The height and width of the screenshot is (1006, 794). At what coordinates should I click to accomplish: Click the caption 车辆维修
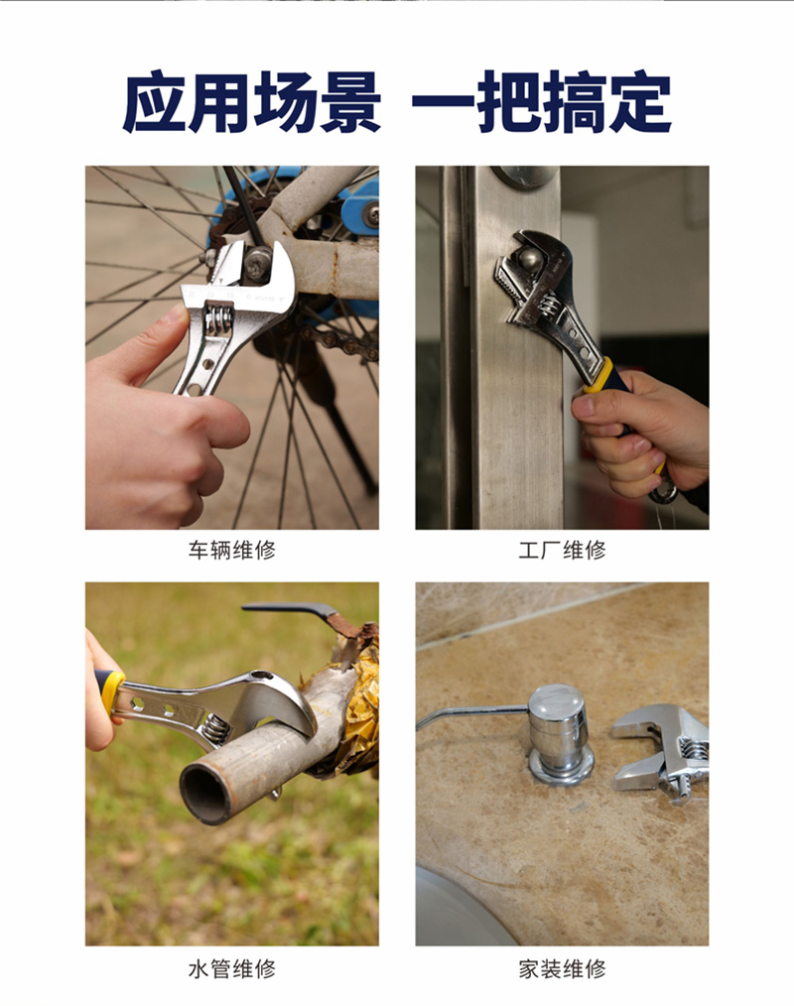coord(231,551)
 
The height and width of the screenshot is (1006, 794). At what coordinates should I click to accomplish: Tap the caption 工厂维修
coord(563,551)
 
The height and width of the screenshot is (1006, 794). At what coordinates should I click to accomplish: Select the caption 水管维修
coord(231,968)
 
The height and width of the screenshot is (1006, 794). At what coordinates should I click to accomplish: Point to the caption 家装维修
coord(563,968)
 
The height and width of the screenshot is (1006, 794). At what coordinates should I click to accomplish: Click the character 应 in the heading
coord(155,102)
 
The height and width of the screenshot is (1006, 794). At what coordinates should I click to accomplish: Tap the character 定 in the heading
coord(640,102)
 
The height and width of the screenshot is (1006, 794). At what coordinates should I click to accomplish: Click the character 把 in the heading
coord(509,102)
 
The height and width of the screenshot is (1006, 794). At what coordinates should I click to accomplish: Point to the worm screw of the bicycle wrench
coord(217,318)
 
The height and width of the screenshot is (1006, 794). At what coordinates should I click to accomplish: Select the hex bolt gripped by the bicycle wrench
coord(257,262)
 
